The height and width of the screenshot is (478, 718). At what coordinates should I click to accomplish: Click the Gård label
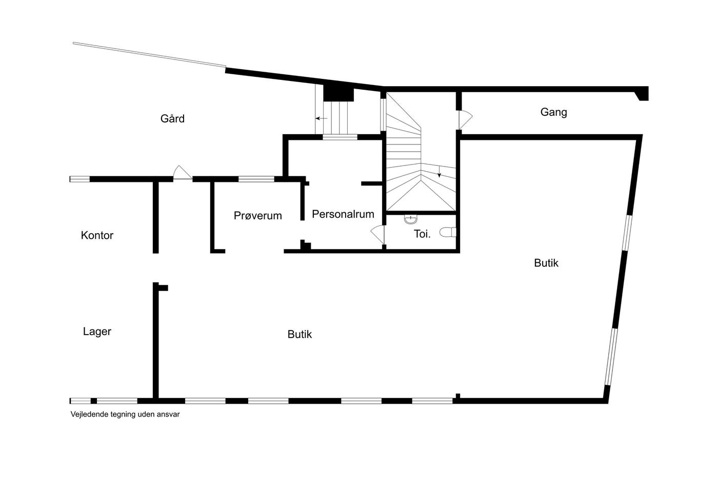point(172,118)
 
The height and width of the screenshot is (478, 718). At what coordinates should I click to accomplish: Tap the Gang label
point(553,112)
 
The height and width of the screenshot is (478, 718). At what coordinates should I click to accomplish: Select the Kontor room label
point(97,235)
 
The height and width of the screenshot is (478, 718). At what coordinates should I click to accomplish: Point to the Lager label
point(97,331)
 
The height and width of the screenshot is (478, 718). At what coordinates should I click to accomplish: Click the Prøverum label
point(257,216)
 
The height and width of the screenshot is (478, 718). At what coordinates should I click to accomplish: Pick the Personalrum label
point(343,214)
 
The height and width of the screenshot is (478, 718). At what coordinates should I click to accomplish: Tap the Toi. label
point(422,234)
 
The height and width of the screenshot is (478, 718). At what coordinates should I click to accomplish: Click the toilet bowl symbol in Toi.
point(448,232)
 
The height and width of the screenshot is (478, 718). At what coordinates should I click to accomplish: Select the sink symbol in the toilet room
point(411,219)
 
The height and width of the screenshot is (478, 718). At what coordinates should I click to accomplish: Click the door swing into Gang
point(466,119)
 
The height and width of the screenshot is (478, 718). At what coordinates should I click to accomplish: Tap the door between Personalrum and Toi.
point(377,235)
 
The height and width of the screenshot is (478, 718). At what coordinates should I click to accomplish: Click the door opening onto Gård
point(183,172)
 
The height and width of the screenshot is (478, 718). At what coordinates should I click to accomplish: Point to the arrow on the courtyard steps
point(321,118)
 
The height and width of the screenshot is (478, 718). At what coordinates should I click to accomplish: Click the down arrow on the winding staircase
point(439,172)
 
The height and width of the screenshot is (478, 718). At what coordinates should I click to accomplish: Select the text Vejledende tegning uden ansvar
point(125,414)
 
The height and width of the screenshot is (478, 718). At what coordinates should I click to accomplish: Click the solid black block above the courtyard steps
point(338,94)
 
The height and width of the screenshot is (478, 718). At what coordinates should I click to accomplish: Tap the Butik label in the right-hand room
point(546,263)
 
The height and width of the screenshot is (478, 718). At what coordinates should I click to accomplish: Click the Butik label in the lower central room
point(300,334)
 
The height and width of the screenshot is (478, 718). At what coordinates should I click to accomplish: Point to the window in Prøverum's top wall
point(256,179)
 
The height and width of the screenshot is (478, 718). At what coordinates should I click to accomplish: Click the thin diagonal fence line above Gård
point(149,54)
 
